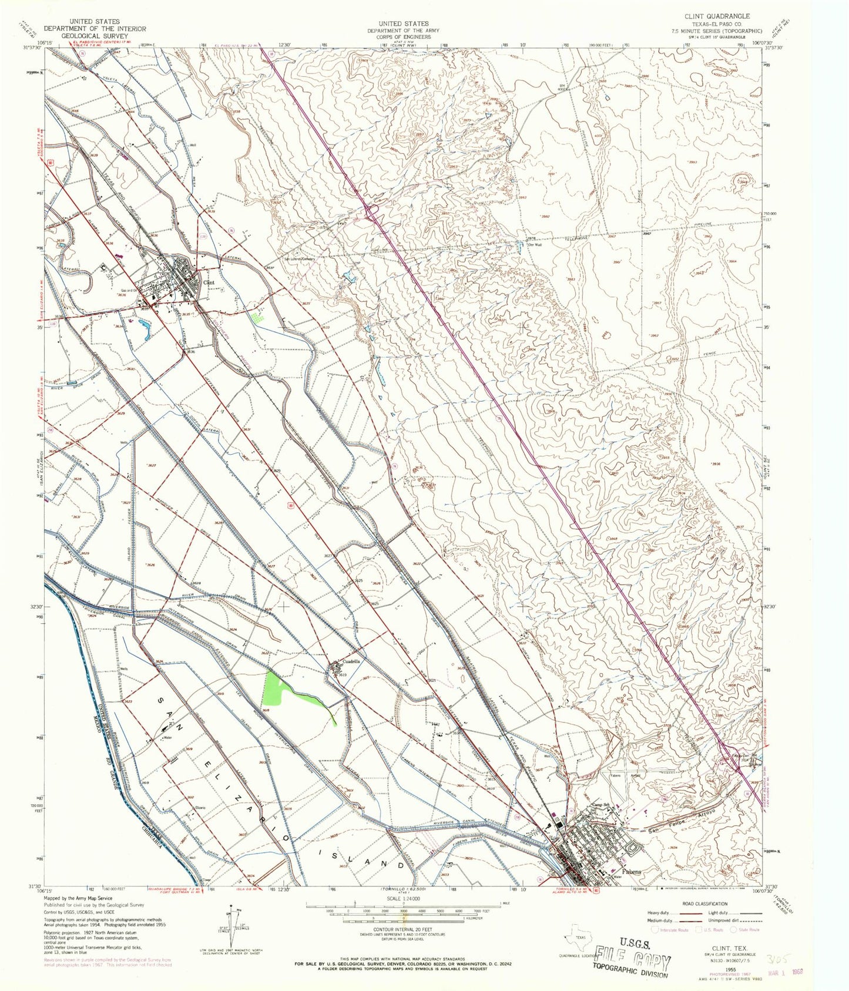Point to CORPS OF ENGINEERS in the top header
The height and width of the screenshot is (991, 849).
(x=403, y=36)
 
